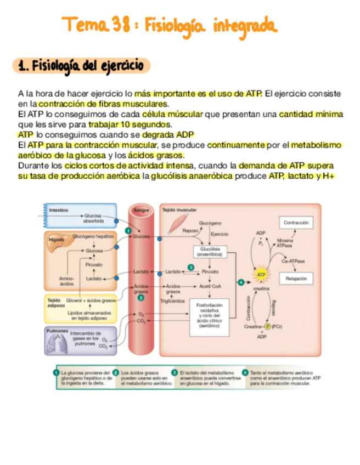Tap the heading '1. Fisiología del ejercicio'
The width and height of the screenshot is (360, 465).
click(81, 66)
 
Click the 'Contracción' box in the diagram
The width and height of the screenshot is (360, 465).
click(296, 223)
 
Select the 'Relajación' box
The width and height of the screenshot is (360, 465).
click(296, 279)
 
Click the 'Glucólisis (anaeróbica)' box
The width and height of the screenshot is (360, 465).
click(209, 251)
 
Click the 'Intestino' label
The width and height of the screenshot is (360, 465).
click(59, 210)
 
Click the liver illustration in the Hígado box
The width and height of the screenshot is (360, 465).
click(57, 247)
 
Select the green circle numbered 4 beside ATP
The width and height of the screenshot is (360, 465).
click(240, 282)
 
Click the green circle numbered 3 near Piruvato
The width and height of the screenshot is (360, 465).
click(190, 266)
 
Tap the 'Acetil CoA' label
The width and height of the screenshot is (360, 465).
click(210, 286)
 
